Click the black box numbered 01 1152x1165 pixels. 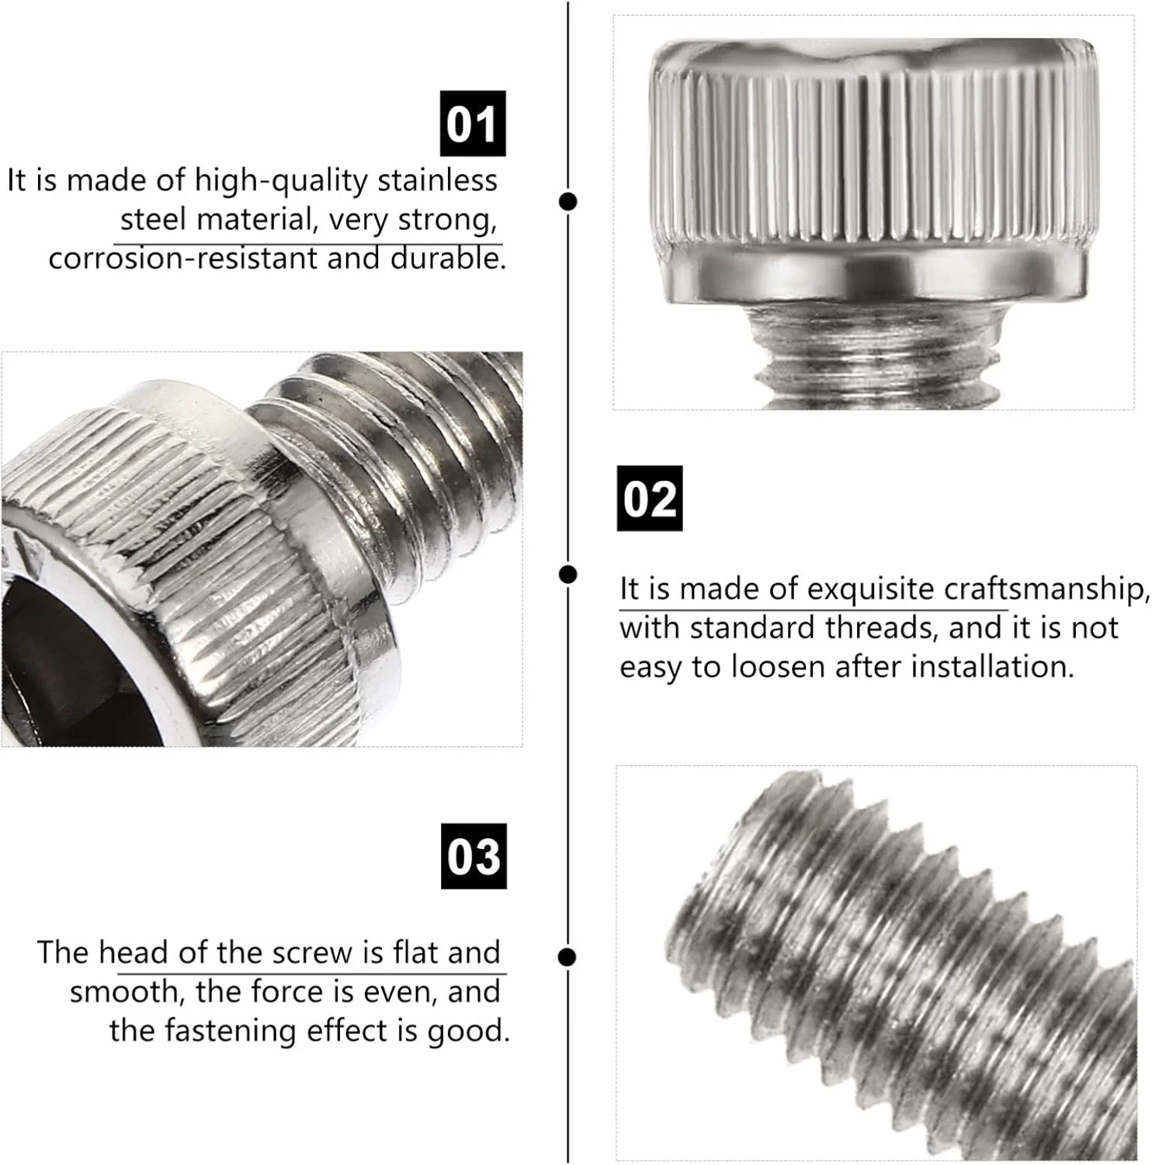click(473, 123)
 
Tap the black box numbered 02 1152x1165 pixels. click(650, 499)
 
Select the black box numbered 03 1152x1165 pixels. click(474, 856)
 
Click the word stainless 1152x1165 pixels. click(437, 180)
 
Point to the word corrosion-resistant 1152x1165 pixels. click(183, 258)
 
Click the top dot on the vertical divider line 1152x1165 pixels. click(568, 201)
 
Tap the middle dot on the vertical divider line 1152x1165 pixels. click(568, 574)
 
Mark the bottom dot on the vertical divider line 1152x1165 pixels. click(568, 957)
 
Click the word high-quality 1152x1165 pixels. click(281, 180)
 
